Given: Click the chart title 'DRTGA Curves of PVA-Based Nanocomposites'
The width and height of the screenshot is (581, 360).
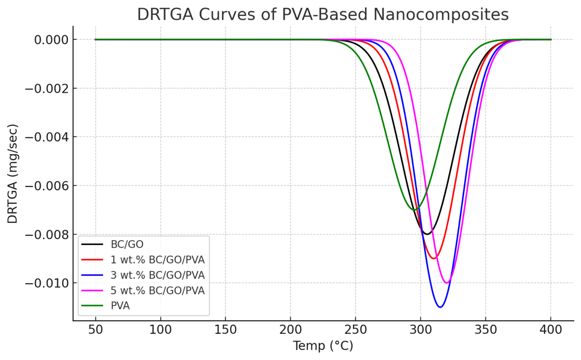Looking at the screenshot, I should click(323, 14).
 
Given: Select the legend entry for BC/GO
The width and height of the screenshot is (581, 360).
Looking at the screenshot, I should click(126, 244).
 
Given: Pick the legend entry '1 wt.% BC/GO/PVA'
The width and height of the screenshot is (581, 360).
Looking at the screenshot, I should click(157, 260).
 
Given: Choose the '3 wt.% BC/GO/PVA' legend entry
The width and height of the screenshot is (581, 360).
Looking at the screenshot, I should click(157, 275).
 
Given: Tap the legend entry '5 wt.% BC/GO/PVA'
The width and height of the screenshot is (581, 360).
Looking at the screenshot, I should click(157, 291).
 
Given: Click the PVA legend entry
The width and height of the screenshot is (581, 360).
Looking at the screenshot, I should click(120, 306).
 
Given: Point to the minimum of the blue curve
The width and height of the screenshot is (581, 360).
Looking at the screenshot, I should click(440, 307).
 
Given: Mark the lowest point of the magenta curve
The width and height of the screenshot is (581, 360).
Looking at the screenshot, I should click(446, 283).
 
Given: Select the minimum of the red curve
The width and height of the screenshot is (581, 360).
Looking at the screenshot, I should click(434, 258).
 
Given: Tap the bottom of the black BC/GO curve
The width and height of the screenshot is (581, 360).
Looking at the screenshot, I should click(427, 234).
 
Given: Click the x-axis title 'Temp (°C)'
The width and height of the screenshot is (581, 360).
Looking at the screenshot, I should click(323, 346).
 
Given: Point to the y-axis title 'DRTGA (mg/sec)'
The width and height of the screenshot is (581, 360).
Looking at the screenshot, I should click(13, 173).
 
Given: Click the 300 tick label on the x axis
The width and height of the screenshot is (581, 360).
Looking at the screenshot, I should click(421, 329).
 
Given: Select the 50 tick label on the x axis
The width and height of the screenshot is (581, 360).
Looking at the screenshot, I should click(95, 329).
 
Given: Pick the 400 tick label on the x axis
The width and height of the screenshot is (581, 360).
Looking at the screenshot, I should click(551, 329).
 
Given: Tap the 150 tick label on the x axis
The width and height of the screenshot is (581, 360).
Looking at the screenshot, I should click(225, 329).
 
